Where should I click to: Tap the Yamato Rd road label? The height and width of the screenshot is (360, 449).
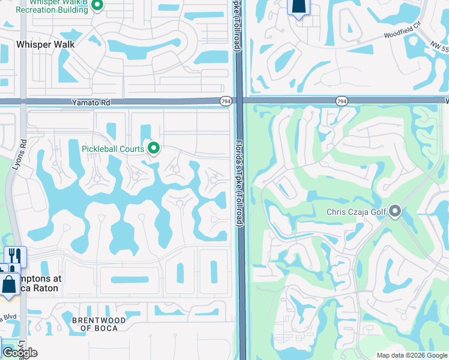click(x=91, y=103)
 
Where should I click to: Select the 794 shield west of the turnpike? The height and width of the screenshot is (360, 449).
click(x=226, y=102)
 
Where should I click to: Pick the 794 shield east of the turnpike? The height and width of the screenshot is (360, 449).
click(x=342, y=102)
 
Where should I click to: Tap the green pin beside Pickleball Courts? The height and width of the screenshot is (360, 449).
click(x=154, y=148)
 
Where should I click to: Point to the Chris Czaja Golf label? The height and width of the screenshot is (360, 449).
click(x=356, y=212)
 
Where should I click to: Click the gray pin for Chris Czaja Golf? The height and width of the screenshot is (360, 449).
click(x=395, y=211)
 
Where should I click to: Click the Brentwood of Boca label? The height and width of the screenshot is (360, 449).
click(x=99, y=324)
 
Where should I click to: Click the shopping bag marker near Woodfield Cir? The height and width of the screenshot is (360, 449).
click(x=298, y=7)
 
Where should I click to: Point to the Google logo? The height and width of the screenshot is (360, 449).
click(x=20, y=353)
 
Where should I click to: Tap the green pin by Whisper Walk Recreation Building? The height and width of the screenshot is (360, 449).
click(x=98, y=5)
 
